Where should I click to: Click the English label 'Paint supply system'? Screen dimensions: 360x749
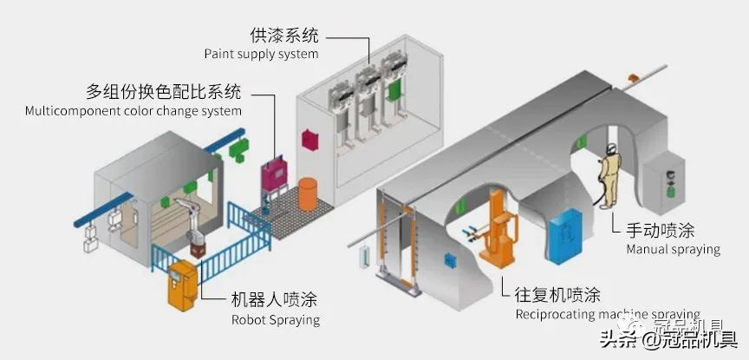tap(261, 54)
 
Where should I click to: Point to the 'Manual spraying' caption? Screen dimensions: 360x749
tap(673, 249)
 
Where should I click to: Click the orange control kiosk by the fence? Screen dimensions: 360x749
tap(182, 282)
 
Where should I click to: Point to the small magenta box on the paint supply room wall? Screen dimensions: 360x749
tap(308, 139)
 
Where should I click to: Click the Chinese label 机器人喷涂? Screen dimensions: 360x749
tap(274, 299)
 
